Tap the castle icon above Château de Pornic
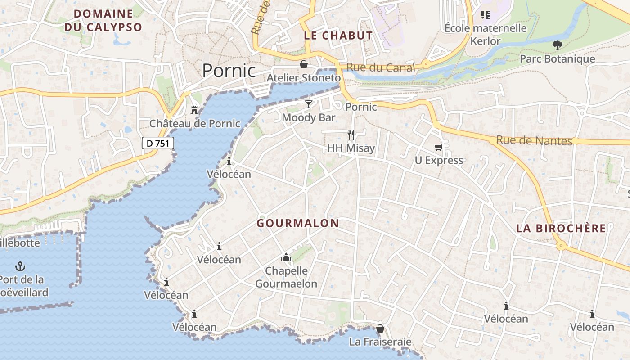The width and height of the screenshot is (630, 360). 194,109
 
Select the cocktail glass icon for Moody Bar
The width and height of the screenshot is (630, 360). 308,104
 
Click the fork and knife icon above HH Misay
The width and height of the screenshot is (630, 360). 351,135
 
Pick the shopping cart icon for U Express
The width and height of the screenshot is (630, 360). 438,147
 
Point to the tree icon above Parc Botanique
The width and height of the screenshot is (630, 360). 557,45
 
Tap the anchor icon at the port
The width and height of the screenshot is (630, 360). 20,266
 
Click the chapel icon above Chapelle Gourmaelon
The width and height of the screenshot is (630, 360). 286,257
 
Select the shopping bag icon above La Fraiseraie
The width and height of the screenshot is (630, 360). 380,328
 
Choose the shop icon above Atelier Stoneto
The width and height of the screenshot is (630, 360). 304,64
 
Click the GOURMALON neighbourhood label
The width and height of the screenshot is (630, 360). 297,223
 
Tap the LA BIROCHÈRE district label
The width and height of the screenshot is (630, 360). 561,228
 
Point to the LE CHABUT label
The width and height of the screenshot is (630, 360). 338,36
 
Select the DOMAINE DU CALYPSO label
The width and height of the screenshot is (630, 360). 103,20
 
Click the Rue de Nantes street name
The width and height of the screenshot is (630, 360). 534,141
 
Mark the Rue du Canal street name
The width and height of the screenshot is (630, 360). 381,68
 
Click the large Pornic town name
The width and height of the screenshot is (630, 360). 229,71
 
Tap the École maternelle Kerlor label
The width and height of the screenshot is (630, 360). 485,34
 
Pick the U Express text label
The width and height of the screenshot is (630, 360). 439,160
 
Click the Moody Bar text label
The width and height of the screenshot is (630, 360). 309,117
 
